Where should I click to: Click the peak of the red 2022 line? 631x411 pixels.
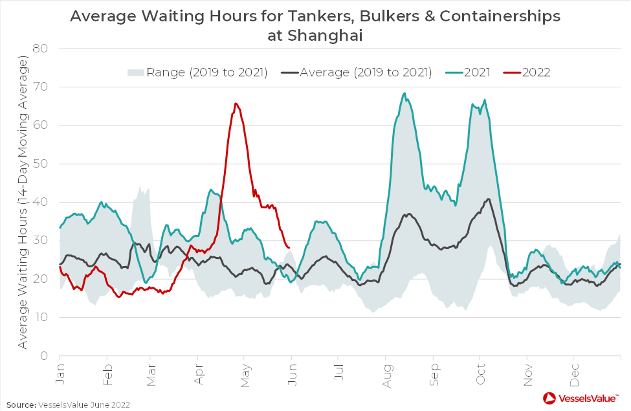tap(236, 104)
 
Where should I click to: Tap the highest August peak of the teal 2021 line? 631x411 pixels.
tap(404, 93)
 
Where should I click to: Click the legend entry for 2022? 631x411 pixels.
tap(527, 72)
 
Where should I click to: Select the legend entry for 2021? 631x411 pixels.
tap(468, 72)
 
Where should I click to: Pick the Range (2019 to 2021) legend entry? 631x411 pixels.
tap(197, 72)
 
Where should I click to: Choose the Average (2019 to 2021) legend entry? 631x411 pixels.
tap(357, 72)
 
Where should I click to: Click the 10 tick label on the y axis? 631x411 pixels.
tap(41, 317)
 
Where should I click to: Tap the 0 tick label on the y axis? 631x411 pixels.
tap(44, 356)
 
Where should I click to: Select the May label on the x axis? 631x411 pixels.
tap(245, 375)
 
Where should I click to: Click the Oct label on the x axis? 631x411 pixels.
tap(480, 374)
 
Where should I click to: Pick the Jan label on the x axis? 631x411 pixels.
tap(60, 374)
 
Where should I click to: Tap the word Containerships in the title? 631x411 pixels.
tap(500, 16)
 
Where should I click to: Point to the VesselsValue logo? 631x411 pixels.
tap(581, 398)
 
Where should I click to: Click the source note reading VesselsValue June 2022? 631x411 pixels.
tap(83, 405)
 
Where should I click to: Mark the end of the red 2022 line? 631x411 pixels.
tap(289, 247)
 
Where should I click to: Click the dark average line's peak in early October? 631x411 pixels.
tap(489, 199)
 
